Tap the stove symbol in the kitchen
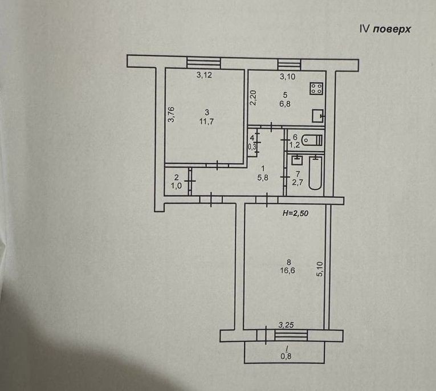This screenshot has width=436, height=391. (316, 88)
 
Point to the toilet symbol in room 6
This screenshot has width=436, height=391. (311, 140)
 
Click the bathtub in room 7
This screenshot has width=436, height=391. (315, 174)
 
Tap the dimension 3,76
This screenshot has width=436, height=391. (170, 116)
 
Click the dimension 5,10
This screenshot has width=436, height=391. (320, 268)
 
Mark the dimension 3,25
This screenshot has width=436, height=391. (286, 325)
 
